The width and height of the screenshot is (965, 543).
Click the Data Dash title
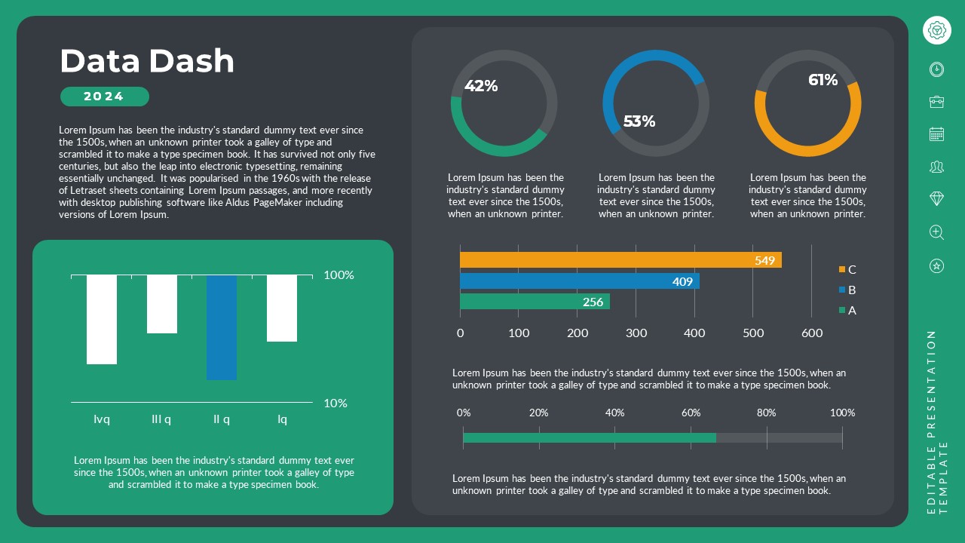pyautogui.click(x=147, y=61)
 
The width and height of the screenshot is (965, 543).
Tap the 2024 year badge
pyautogui.click(x=104, y=97)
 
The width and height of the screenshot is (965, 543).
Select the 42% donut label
pyautogui.click(x=481, y=86)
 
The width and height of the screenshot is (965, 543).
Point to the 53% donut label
pyautogui.click(x=639, y=121)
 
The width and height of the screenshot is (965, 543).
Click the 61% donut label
pyautogui.click(x=823, y=80)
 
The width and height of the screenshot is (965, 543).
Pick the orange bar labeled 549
pyautogui.click(x=620, y=260)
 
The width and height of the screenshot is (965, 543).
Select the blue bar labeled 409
pyautogui.click(x=579, y=281)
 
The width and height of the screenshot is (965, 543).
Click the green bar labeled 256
pyautogui.click(x=535, y=302)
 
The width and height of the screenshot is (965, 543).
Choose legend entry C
pyautogui.click(x=847, y=269)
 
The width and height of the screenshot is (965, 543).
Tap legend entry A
pyautogui.click(x=847, y=310)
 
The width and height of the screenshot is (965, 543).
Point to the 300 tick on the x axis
pyautogui.click(x=636, y=333)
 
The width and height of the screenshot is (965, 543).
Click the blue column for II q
pyautogui.click(x=222, y=327)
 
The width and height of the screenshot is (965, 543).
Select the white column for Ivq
pyautogui.click(x=102, y=319)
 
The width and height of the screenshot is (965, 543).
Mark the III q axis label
pyautogui.click(x=161, y=419)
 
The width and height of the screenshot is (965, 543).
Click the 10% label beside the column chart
pyautogui.click(x=335, y=403)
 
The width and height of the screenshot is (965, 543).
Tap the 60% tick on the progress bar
pyautogui.click(x=691, y=413)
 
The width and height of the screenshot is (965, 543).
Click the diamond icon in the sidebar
pyautogui.click(x=936, y=198)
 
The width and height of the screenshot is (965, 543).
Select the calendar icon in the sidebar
pyautogui.click(x=936, y=134)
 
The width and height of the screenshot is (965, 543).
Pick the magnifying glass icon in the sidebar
pyautogui.click(x=936, y=232)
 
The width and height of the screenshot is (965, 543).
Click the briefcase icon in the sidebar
pyautogui.click(x=936, y=102)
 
